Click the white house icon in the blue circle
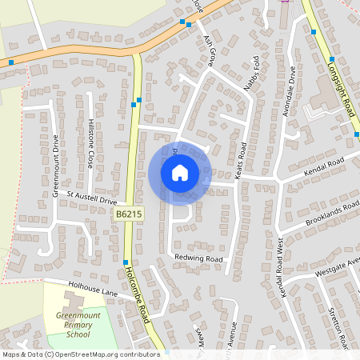(x=179, y=172)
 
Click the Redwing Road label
(x=198, y=258)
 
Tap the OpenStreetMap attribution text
(x=80, y=354)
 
